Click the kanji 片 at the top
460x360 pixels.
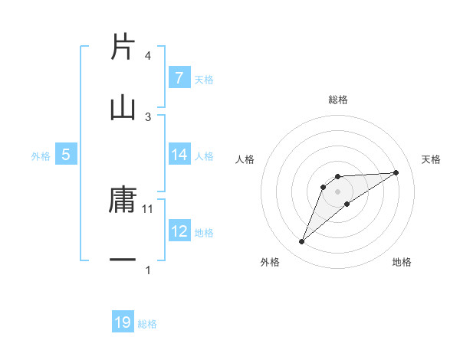coord(123,47)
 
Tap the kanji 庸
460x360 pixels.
coord(123,201)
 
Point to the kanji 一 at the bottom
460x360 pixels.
coord(123,261)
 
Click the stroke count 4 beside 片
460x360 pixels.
coord(148,56)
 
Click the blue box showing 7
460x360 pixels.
coord(179,78)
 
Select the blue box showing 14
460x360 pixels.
coord(179,155)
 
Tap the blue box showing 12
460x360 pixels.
coord(179,231)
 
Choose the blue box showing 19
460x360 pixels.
coord(123,322)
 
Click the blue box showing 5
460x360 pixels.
coord(66,155)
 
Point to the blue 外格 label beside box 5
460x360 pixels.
coord(41,155)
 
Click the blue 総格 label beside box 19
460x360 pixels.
coord(147,323)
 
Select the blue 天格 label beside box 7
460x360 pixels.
coord(203,79)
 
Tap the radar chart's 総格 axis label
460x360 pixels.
coord(338,100)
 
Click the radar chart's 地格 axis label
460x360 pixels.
coord(402,262)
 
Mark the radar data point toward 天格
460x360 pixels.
coord(396,172)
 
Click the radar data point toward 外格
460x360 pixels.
coord(301,242)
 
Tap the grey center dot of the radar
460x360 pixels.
coord(338,191)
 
